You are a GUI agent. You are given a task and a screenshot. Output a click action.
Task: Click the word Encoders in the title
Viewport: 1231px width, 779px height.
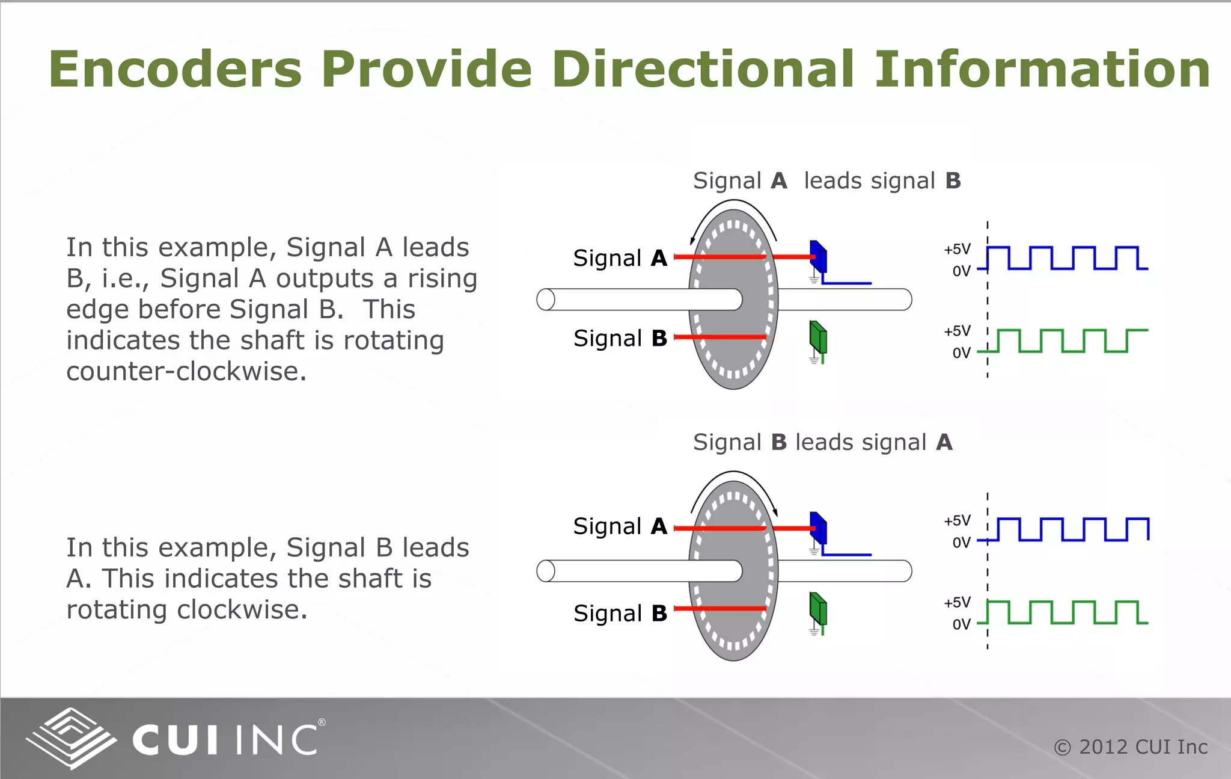click(175, 69)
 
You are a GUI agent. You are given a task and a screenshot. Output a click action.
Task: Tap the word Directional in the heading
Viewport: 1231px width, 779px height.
click(703, 69)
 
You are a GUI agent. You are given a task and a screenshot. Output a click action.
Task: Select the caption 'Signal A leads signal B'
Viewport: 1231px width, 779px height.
click(826, 181)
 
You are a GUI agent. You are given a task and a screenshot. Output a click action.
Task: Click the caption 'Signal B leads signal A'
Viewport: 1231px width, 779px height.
click(822, 443)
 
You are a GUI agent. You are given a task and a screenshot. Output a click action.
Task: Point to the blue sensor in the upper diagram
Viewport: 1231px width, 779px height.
click(818, 257)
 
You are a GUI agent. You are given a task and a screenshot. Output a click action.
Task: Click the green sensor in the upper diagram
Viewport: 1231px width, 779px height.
click(818, 337)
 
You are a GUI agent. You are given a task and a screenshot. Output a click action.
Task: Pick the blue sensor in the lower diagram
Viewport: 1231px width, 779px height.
click(818, 528)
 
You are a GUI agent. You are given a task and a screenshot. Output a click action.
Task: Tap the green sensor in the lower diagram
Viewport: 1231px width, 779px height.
click(818, 609)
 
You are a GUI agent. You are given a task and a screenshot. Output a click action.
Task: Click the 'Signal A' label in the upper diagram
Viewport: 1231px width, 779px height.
click(620, 258)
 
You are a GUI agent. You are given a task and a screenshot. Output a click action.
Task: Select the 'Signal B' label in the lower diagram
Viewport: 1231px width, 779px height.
click(620, 614)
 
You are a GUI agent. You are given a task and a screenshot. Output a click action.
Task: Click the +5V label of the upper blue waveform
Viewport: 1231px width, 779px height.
click(957, 249)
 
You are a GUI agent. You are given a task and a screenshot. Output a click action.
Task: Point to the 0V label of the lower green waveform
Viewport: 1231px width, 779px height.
click(961, 624)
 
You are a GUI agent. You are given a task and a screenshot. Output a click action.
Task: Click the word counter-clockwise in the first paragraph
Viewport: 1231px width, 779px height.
click(186, 372)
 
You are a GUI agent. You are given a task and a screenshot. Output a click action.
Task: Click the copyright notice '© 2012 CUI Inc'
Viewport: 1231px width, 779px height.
click(1131, 747)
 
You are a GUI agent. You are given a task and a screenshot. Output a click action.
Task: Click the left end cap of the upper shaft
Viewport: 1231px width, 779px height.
click(546, 300)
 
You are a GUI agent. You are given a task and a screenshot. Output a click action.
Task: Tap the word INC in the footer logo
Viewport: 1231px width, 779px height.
click(276, 740)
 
